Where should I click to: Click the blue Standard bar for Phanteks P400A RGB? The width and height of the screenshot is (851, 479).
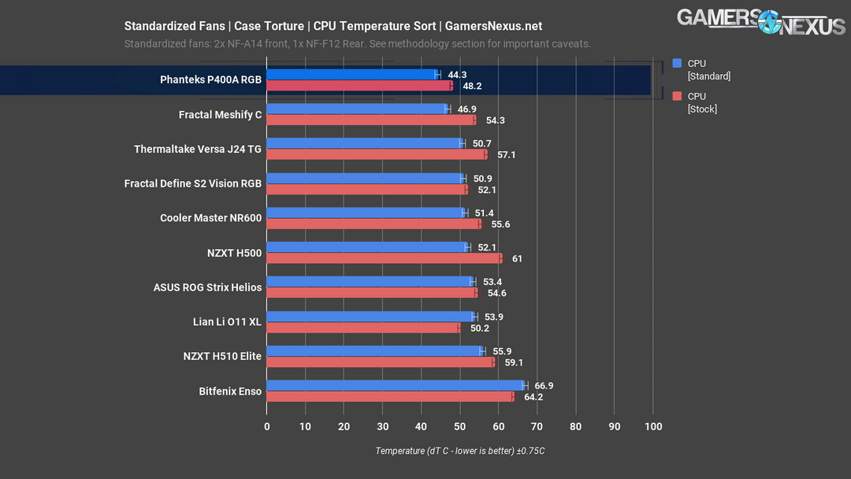click(351, 74)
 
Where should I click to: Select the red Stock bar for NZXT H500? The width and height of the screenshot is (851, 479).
click(384, 258)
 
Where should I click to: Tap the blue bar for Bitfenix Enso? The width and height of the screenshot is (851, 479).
click(396, 385)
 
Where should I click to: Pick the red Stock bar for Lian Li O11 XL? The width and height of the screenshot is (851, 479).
click(363, 328)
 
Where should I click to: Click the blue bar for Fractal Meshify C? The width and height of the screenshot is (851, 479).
click(357, 109)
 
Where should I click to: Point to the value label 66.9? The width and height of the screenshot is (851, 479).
click(544, 386)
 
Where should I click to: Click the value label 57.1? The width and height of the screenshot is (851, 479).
click(507, 155)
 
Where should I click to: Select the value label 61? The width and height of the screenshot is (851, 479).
click(517, 259)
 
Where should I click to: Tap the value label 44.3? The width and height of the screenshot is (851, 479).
click(457, 74)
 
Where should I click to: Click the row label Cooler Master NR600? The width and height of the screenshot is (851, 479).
click(210, 218)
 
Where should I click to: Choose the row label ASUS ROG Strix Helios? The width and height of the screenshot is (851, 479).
click(207, 288)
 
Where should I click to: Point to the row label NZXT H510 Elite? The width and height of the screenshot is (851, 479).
click(222, 357)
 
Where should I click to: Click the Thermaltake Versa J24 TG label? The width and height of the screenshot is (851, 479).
click(198, 149)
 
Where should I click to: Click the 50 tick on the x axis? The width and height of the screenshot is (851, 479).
click(459, 427)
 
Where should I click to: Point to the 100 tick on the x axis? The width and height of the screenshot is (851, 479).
click(652, 427)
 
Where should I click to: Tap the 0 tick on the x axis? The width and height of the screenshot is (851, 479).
click(267, 427)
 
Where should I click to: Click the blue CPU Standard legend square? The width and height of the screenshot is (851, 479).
click(677, 64)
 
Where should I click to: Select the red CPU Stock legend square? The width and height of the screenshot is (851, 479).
click(677, 97)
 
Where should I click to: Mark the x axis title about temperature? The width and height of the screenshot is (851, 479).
click(460, 451)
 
